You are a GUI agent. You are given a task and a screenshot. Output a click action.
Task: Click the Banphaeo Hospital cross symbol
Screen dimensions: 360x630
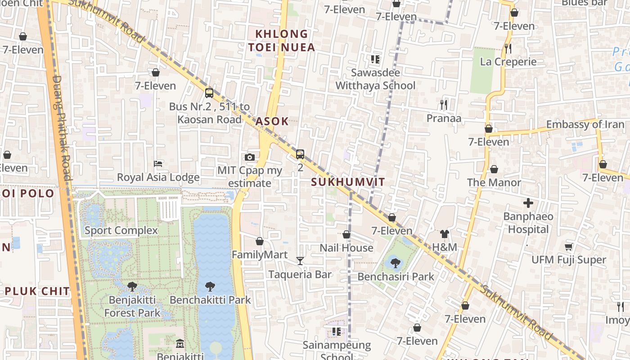click(x=528, y=203)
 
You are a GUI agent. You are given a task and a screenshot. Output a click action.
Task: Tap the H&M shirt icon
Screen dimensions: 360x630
click(x=445, y=234)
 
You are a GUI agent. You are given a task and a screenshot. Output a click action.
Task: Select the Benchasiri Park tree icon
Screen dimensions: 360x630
click(x=396, y=263)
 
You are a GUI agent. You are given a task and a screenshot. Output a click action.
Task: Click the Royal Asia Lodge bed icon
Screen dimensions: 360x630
click(x=158, y=163)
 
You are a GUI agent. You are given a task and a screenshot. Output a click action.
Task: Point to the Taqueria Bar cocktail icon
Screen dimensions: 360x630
click(x=300, y=261)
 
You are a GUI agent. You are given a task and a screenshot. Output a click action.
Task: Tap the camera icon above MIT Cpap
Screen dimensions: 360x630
click(x=250, y=157)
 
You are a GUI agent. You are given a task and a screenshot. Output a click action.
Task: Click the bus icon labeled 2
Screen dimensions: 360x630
click(x=300, y=154)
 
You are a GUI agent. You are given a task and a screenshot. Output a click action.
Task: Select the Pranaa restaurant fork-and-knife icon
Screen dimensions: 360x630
click(x=444, y=105)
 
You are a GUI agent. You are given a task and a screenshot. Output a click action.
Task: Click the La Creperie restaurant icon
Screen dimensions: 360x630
click(x=508, y=48)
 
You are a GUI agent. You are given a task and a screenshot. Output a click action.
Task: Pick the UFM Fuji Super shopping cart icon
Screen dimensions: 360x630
click(x=568, y=247)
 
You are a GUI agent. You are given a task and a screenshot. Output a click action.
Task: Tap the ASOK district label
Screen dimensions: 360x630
click(x=272, y=121)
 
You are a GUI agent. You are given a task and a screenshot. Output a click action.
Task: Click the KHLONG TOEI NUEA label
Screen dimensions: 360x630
click(x=282, y=40)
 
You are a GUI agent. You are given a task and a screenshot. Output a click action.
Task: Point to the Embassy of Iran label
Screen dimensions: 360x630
click(x=585, y=125)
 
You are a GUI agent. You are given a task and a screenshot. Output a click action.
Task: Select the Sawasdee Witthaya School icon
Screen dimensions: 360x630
click(x=375, y=59)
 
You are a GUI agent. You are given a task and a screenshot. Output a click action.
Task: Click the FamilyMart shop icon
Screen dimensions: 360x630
click(x=260, y=241)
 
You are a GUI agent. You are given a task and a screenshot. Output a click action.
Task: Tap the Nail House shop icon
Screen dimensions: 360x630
click(x=346, y=234)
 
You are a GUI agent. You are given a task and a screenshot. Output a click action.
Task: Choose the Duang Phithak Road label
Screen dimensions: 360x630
click(x=62, y=127)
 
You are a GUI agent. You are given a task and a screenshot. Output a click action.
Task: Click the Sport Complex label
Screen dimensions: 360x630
click(x=121, y=230)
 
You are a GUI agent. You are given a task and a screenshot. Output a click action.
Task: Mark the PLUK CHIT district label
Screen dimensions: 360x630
click(x=37, y=291)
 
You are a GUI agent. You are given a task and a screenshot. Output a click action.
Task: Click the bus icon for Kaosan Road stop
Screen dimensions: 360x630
click(x=209, y=93)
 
